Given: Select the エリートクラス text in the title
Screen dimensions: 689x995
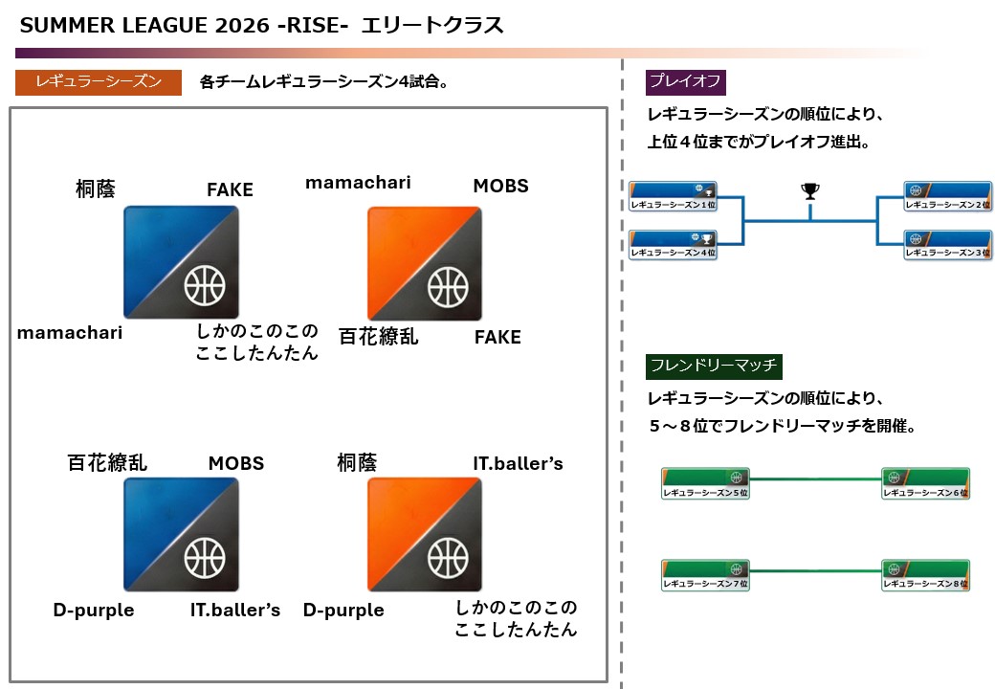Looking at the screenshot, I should [x=431, y=26].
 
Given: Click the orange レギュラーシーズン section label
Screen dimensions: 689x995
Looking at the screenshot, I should [x=99, y=81].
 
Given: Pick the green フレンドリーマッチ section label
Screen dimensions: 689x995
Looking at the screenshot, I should [x=715, y=366].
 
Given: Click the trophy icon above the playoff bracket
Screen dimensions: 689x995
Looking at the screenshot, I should [x=810, y=191].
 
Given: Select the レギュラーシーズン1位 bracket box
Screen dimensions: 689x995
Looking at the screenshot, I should [x=673, y=197].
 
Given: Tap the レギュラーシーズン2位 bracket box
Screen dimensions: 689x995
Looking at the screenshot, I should [x=947, y=197].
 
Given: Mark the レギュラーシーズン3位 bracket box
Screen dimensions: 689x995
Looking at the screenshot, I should [x=947, y=246].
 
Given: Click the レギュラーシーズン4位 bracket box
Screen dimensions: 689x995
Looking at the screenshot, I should [x=673, y=246].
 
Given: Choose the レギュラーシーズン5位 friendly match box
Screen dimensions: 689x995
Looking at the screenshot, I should [x=705, y=484].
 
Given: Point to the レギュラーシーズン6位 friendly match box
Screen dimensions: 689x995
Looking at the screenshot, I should [x=925, y=484].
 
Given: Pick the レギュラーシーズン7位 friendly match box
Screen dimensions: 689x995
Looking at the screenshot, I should [x=705, y=575].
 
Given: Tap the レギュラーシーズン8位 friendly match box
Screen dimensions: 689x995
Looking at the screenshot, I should [x=925, y=575].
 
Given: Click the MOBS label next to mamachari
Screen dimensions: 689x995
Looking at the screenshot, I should [x=500, y=186].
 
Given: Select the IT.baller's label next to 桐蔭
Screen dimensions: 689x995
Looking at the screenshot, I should [x=518, y=464].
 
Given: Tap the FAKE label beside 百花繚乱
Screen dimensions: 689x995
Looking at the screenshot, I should [x=497, y=337].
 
